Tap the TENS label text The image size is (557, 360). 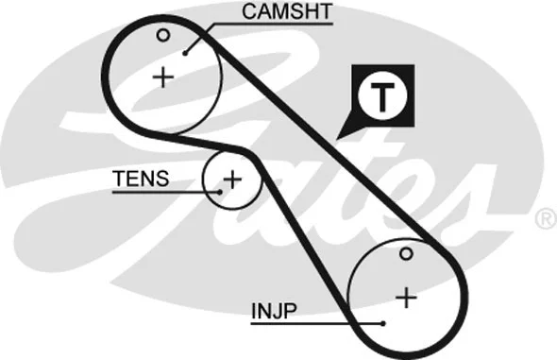tap(141, 178)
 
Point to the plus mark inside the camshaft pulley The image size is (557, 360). tap(164, 77)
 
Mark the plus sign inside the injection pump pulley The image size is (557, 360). tap(406, 298)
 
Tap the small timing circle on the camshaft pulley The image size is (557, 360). tap(163, 36)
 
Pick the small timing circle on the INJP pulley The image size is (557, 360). tap(405, 253)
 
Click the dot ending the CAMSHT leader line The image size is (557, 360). tap(187, 52)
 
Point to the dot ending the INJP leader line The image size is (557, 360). tap(384, 322)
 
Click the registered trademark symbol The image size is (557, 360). tap(545, 219)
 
